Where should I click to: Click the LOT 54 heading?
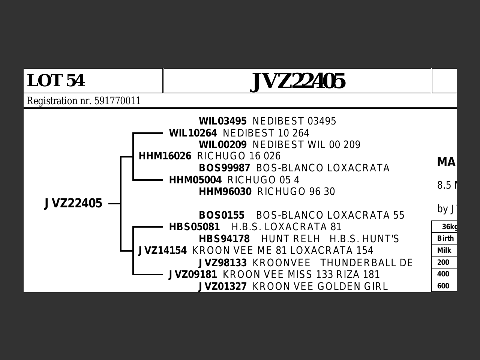tap(56, 81)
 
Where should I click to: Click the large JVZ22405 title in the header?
tap(297, 81)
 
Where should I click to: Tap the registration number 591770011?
tap(117, 101)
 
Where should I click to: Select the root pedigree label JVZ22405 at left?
tap(73, 203)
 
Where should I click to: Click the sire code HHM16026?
tap(165, 156)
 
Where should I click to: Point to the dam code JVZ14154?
tap(162, 250)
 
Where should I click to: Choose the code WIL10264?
tap(193, 133)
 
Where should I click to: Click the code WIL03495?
tap(223, 121)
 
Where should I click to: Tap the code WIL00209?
tap(223, 145)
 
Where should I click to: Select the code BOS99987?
tap(224, 168)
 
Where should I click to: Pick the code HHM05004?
tap(195, 180)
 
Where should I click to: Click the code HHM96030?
tap(225, 192)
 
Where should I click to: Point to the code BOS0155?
tap(222, 215)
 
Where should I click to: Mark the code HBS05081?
tap(194, 227)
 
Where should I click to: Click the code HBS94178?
tap(224, 239)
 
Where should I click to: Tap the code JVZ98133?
tap(223, 263)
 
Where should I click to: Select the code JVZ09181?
tap(193, 274)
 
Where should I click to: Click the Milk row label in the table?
tap(444, 250)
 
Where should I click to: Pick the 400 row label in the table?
tap(443, 274)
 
